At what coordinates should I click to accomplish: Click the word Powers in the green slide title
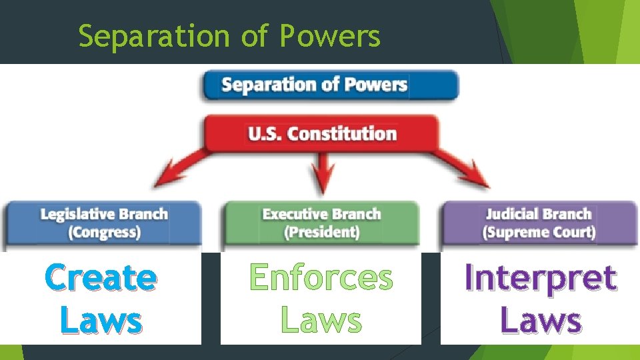(x=330, y=37)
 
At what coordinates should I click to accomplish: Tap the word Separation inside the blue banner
(x=263, y=85)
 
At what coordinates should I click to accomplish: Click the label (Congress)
(x=104, y=233)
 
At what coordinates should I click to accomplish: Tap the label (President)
(x=321, y=233)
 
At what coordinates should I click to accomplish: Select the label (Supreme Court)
(x=539, y=233)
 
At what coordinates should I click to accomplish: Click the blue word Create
(x=101, y=278)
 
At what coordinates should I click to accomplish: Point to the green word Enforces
(x=321, y=277)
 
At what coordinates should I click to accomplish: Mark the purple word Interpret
(x=540, y=278)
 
